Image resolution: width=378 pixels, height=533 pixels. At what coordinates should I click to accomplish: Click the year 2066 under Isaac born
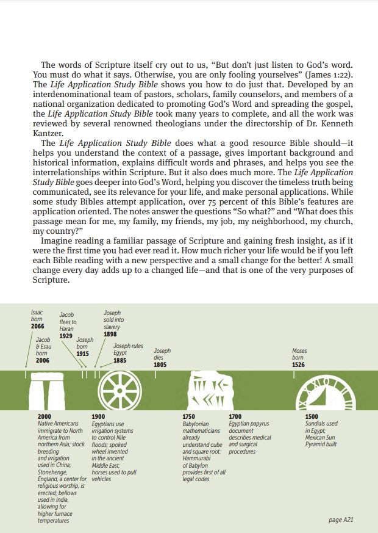point(38,327)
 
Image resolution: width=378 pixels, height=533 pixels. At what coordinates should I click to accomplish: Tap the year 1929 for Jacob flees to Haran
point(66,336)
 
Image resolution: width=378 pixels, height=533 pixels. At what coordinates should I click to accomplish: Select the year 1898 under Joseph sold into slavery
point(110,334)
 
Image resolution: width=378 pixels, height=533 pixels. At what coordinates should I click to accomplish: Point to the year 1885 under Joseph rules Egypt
point(120,360)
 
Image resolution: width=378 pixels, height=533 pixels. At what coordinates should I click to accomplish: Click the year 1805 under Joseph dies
point(160,364)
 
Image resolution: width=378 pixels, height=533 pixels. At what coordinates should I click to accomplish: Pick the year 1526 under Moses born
point(299,364)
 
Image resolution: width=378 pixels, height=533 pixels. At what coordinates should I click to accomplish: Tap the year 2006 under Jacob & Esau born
point(43,360)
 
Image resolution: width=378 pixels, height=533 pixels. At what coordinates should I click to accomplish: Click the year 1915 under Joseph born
point(83,354)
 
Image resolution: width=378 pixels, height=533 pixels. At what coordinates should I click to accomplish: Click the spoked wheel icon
point(119,390)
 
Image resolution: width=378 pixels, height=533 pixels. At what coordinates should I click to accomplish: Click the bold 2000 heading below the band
point(45,416)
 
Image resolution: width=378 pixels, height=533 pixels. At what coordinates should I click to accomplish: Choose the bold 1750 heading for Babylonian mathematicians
point(189,416)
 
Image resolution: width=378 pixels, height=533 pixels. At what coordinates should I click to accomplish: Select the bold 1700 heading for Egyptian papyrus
point(235,416)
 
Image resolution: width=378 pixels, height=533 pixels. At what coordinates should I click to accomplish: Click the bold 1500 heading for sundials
point(312,416)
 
